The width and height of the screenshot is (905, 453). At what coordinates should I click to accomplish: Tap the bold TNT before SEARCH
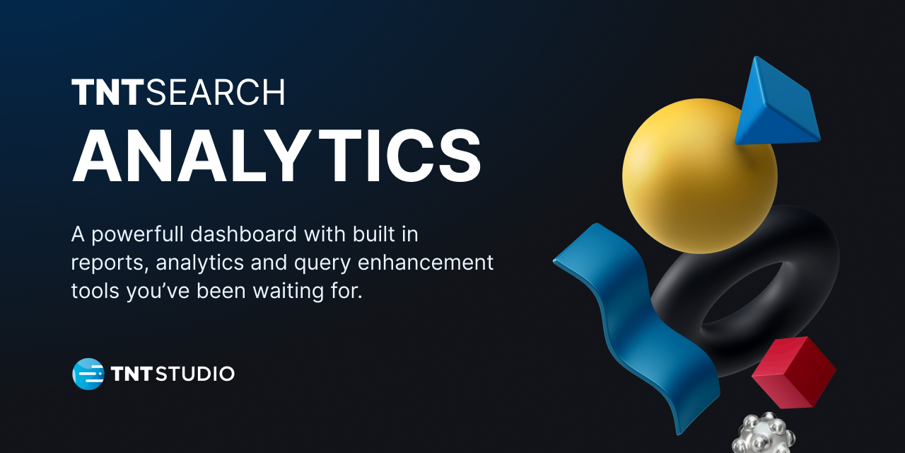click(108, 92)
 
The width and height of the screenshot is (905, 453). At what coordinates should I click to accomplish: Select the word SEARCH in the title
click(216, 92)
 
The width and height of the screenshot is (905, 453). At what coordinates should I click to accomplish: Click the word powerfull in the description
click(138, 234)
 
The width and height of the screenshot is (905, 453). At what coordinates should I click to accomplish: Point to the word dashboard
click(244, 234)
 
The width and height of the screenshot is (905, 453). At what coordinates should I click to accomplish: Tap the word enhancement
click(426, 262)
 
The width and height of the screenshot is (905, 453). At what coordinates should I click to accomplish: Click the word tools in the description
click(95, 291)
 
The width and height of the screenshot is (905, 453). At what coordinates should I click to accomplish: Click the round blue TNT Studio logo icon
click(88, 374)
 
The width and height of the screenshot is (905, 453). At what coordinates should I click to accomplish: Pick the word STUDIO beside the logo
click(195, 374)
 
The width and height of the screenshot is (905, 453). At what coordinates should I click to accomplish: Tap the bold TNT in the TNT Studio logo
click(132, 374)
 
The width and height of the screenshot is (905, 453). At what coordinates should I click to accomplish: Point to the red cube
click(794, 373)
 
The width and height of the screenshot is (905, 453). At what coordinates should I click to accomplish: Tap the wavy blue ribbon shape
click(638, 323)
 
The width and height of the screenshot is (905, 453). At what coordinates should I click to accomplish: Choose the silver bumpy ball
click(763, 435)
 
